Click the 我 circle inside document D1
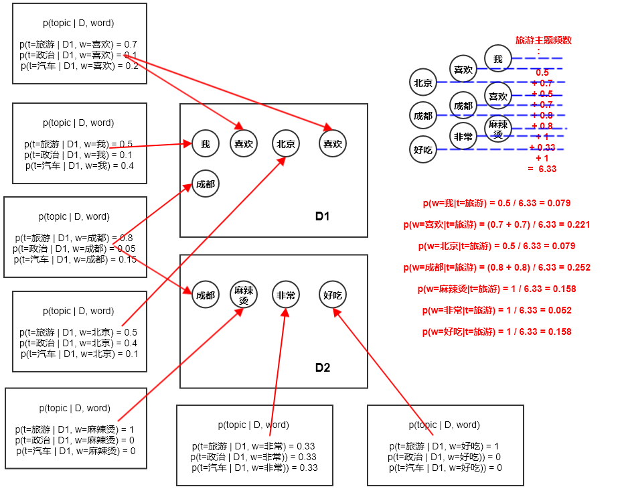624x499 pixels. [206, 143]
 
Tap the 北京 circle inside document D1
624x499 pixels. [286, 143]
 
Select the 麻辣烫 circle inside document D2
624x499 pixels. [244, 295]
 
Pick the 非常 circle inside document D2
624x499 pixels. [286, 295]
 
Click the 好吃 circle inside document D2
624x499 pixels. [333, 295]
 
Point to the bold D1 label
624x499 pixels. [323, 216]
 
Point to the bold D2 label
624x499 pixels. [323, 368]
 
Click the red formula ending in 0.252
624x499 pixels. [497, 267]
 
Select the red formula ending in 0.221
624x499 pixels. [497, 224]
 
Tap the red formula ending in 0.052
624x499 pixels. [497, 310]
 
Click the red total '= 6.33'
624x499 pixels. [542, 169]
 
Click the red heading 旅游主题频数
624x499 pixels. [543, 41]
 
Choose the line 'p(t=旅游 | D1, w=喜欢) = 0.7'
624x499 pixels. [79, 44]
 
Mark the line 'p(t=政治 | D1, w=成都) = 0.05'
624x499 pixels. [75, 248]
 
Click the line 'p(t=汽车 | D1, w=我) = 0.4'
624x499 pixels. [79, 165]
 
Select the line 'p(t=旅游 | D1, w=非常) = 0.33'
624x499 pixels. [253, 446]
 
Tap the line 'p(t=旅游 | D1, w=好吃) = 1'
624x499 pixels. [444, 446]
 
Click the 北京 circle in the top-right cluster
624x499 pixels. [423, 83]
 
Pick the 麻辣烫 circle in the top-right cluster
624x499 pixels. [497, 127]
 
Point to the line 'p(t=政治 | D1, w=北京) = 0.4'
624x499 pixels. [79, 343]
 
